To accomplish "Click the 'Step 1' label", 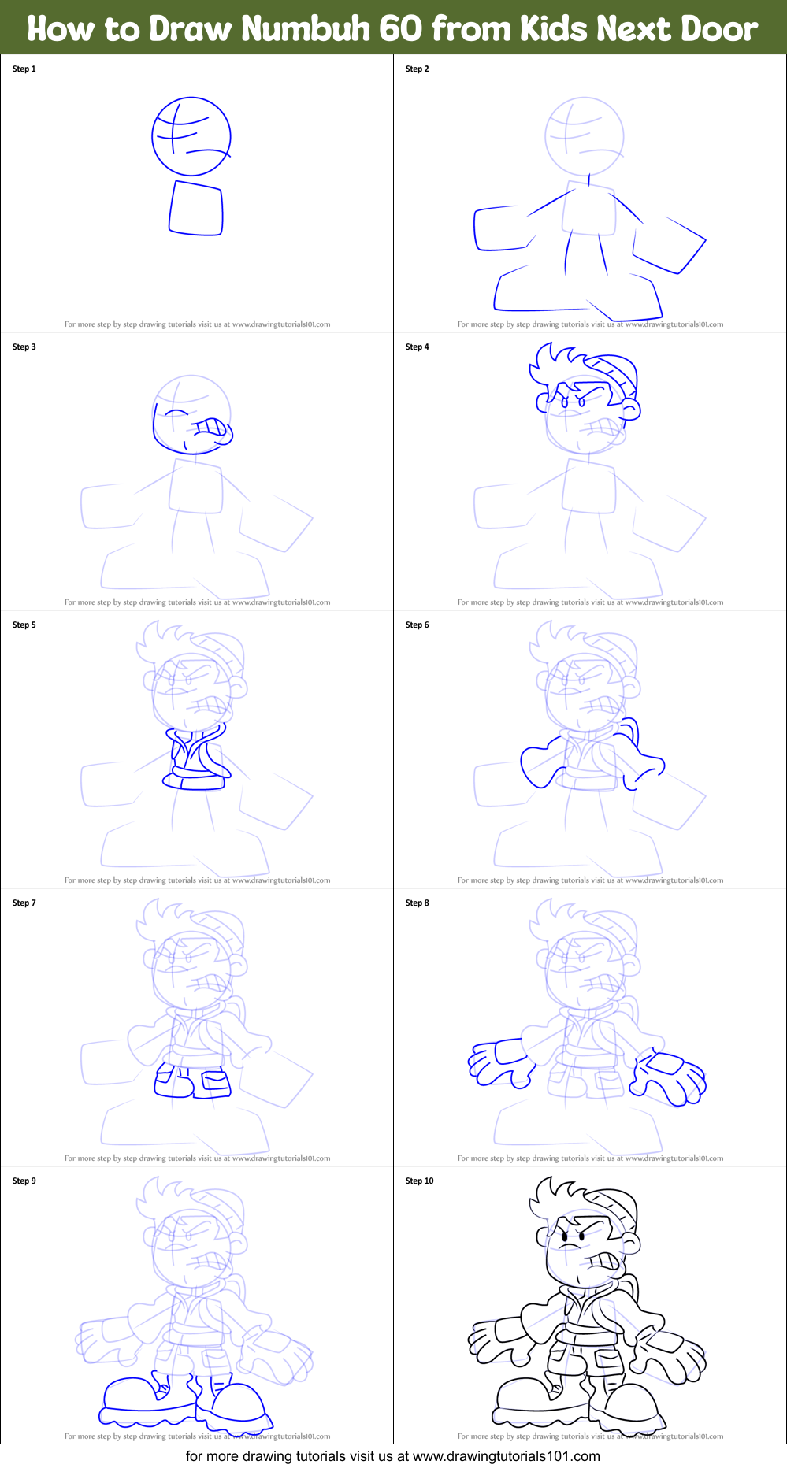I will (24, 69).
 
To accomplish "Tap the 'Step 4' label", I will (418, 347).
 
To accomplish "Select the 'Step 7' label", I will (24, 903).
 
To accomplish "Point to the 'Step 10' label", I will (420, 1181).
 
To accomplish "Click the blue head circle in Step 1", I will (191, 136).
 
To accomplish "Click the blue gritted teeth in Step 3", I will (210, 428).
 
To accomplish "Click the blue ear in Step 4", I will (630, 408).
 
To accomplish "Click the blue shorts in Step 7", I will (193, 1081).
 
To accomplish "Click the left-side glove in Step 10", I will (499, 1340).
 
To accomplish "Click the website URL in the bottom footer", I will (506, 1456).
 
